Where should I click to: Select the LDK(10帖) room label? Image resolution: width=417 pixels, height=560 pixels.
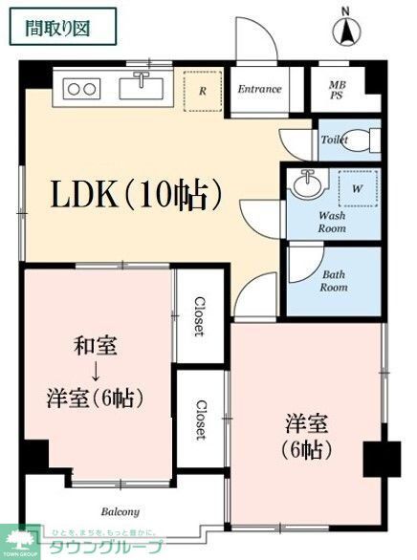coord(138,196)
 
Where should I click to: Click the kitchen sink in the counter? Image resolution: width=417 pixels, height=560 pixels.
coord(141,88)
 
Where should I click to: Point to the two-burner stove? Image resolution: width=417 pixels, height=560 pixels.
coord(81,89)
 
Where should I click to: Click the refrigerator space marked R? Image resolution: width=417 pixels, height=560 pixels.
coord(203,92)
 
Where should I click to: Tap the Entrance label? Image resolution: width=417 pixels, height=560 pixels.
coord(260,90)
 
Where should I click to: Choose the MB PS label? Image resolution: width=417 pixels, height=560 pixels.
coord(338,90)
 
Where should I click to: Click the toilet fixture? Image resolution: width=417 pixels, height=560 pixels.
coord(362,140)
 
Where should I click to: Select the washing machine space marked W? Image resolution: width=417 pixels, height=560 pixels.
coord(356,188)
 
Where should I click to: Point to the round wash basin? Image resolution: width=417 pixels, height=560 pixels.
coord(308,184)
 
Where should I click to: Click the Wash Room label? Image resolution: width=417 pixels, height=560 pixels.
coord(332,223)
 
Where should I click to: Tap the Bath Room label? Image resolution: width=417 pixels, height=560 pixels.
coord(334,281)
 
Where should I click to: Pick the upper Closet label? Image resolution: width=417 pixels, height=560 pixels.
coord(199,315)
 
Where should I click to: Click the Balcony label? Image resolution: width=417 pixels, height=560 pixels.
coord(121,511)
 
